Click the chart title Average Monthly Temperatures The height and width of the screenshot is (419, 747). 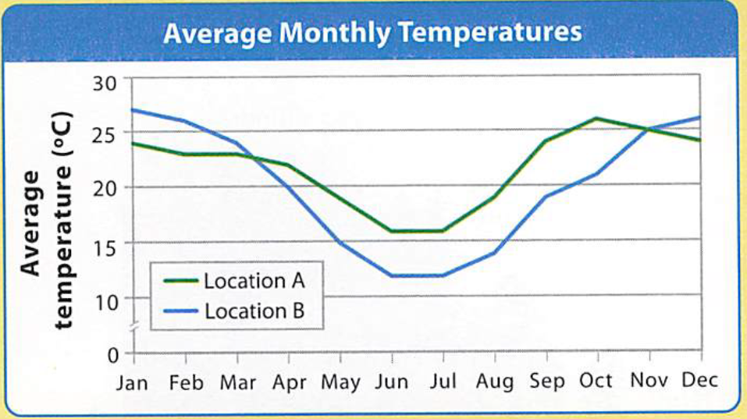point(372,33)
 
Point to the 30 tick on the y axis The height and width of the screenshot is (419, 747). point(107,82)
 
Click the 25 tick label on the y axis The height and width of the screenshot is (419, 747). point(107,133)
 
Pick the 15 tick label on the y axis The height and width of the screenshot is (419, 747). point(107,245)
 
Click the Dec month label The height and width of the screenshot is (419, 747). point(699,381)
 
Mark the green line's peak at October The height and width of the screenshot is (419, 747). point(597,119)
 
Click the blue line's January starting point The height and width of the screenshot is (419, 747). point(135,110)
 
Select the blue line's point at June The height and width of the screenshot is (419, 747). point(392,275)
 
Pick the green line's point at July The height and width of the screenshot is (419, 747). point(443,231)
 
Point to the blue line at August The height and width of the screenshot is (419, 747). point(495,253)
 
